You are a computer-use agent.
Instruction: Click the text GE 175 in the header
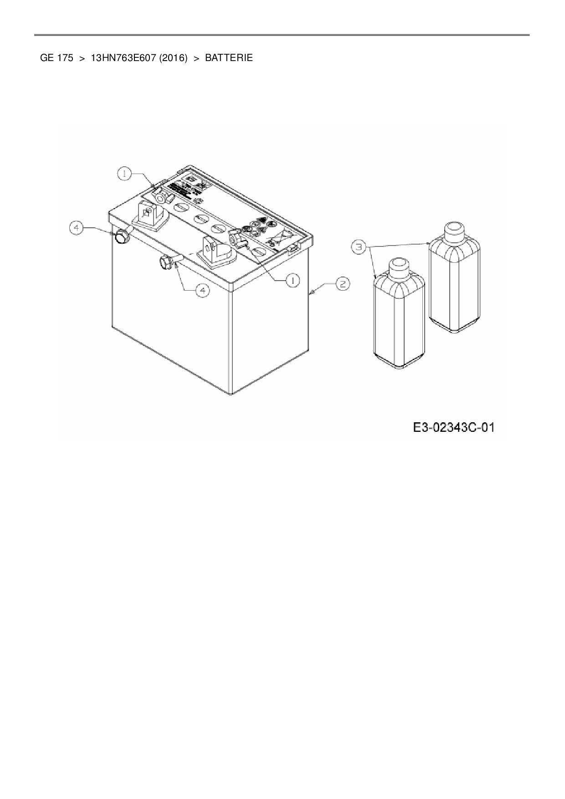coord(56,58)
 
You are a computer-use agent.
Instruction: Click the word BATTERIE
coord(229,58)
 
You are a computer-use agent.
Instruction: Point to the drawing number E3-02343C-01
coord(453,428)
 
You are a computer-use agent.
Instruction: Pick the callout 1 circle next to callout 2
coord(292,281)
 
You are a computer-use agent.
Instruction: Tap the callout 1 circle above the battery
coord(124,173)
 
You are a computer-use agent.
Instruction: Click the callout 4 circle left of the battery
coord(77,227)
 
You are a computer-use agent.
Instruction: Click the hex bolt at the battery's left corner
coord(122,237)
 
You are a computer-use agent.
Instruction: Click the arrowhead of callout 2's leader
coord(311,295)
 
